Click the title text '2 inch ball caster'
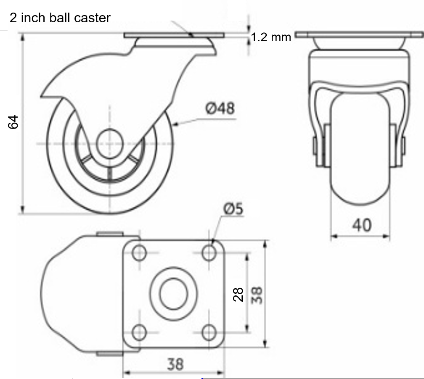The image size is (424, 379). [x=60, y=18]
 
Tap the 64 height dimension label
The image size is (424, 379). [x=14, y=122]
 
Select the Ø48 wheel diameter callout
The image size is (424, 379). [x=220, y=108]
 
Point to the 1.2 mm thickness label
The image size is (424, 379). [x=271, y=37]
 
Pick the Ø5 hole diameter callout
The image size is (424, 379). [x=233, y=209]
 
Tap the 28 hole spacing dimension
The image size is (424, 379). [x=238, y=294]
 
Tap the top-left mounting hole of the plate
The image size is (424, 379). [x=139, y=253]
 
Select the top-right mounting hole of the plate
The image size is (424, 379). [x=209, y=253]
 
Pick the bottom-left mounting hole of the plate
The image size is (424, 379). [x=139, y=332]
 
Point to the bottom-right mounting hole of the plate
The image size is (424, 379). [x=209, y=332]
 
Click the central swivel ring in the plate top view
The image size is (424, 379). [x=173, y=292]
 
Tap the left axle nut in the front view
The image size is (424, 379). [x=315, y=145]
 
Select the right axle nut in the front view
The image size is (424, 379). [x=403, y=145]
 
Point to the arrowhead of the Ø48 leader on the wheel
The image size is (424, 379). [x=174, y=124]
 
